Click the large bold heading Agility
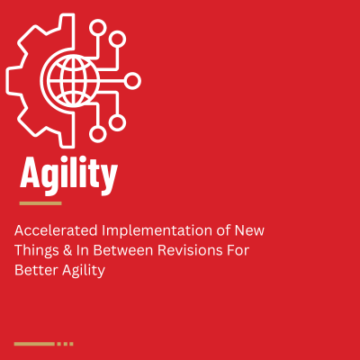[67, 175]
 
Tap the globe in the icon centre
[73, 80]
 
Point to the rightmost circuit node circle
[132, 81]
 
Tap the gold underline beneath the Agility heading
[40, 203]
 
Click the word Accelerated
[50, 230]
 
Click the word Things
[34, 250]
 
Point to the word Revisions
[199, 250]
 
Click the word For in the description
[252, 250]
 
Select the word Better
[34, 270]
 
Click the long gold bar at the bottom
[34, 343]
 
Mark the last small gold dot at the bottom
[71, 343]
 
